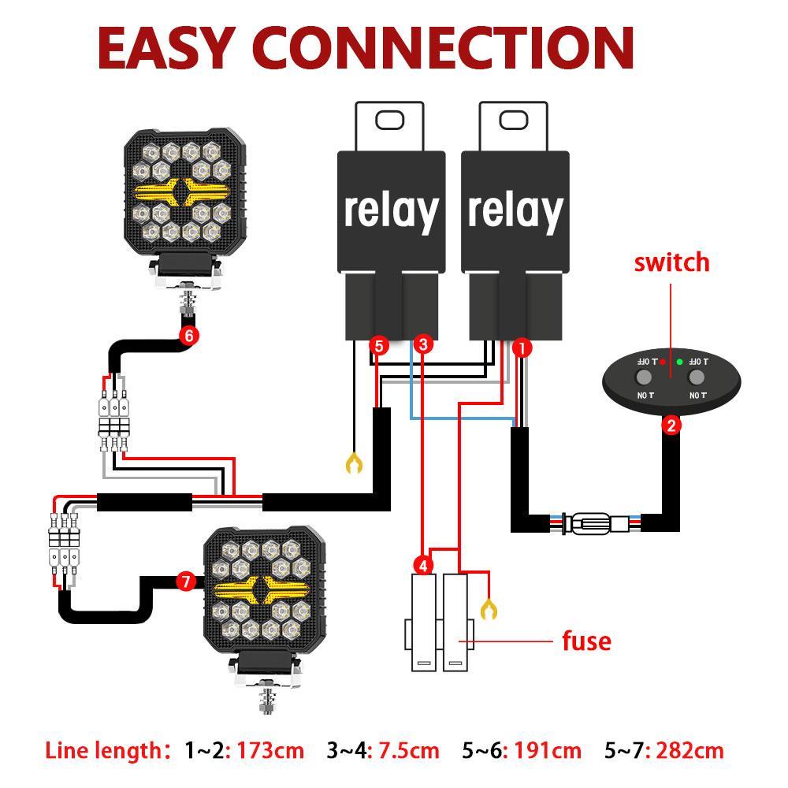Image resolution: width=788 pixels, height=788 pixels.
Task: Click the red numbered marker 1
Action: coord(522,347)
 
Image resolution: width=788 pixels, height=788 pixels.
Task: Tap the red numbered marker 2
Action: coord(671,426)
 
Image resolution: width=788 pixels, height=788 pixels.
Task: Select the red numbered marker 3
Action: coord(424,344)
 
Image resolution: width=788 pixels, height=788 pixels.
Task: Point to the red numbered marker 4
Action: coord(423,565)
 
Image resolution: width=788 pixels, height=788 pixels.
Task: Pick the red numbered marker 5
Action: coord(379,345)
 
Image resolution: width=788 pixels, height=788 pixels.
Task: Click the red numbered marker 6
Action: coord(188,335)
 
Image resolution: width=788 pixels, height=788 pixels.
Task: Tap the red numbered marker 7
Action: coord(186,582)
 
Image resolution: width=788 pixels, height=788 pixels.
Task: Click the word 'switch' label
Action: coord(671,262)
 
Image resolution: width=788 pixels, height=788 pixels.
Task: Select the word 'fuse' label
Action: coord(586,641)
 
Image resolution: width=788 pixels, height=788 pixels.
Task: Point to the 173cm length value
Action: coord(270,750)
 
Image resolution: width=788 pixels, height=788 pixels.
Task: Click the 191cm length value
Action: coord(548,750)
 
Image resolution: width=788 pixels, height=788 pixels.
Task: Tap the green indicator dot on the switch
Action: coord(679,362)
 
